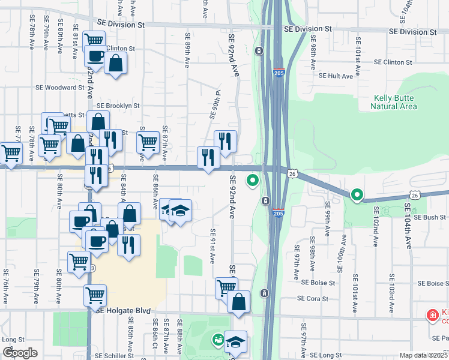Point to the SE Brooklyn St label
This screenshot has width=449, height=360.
(x=118, y=105)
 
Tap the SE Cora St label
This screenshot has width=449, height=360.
(x=315, y=298)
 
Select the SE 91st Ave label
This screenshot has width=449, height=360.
(x=212, y=245)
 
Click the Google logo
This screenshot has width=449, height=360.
(x=20, y=353)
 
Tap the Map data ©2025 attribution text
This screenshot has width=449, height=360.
(x=423, y=355)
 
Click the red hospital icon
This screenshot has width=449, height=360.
(x=431, y=315)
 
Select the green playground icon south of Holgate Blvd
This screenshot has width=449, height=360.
(x=216, y=340)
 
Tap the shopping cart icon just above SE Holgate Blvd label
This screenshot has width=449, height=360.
(x=95, y=294)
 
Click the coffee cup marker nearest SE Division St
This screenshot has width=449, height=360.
(x=95, y=56)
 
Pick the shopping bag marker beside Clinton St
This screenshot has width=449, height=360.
(x=115, y=63)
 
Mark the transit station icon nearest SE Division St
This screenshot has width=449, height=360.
(x=259, y=51)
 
